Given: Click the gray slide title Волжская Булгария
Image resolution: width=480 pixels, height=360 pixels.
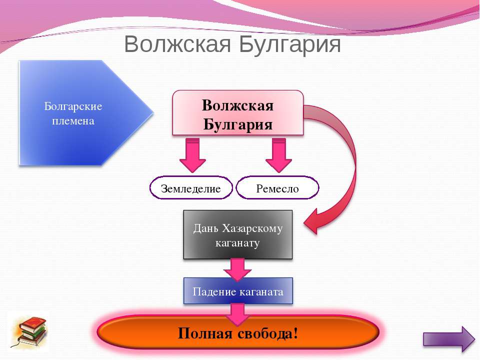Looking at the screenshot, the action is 232,44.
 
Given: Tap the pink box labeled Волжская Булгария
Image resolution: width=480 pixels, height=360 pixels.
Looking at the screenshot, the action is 238,113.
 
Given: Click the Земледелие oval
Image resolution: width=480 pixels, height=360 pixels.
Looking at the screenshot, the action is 191,187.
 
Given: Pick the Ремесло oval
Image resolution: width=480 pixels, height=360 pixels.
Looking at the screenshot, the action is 277,187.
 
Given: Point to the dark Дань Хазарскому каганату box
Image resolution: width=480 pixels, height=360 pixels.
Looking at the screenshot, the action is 238,235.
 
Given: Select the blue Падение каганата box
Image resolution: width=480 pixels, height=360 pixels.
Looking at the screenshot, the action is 238,291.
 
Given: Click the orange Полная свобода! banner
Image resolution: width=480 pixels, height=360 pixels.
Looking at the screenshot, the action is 238,332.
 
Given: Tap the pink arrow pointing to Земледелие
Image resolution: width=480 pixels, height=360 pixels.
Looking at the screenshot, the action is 192,155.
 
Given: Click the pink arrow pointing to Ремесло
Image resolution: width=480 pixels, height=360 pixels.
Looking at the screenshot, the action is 278,155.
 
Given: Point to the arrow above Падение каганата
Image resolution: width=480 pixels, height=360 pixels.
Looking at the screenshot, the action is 237,269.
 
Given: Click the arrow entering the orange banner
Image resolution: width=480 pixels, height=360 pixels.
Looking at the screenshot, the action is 237,314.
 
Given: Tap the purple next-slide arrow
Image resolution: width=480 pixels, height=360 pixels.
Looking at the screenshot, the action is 449,339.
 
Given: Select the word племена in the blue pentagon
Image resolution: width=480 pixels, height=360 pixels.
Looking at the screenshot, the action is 73,121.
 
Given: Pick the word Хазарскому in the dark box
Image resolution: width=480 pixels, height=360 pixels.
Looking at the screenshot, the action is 252,228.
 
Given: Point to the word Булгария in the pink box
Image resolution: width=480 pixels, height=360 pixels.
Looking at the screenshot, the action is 238,124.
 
